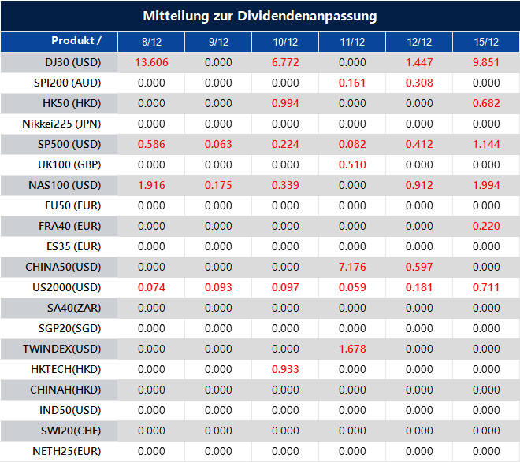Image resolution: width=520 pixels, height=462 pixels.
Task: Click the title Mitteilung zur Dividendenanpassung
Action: point(259,16)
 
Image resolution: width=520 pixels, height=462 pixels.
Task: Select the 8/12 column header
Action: point(151,42)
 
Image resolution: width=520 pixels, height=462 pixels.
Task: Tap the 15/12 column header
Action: point(486,42)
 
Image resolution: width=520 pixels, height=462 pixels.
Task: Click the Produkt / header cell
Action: point(76,41)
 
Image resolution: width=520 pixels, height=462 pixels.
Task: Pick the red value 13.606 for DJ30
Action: point(151,62)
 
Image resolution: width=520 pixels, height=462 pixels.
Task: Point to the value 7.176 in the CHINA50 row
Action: point(352,267)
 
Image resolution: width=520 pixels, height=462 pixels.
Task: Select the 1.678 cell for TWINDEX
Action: point(352,349)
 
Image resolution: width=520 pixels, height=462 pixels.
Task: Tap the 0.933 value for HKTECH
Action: point(285,369)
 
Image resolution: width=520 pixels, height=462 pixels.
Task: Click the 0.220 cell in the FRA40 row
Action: point(486,226)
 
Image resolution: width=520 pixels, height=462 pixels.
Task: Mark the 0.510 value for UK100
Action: point(352,164)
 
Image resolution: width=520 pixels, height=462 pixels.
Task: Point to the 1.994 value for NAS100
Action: point(486,185)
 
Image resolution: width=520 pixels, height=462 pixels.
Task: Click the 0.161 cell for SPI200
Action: point(352,83)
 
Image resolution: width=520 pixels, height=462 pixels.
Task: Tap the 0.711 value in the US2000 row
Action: point(486,287)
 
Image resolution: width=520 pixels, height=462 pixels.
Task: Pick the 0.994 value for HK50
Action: point(285,103)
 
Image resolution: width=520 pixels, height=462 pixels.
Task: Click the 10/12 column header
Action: point(285,42)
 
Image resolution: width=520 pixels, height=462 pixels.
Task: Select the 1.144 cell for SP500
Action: point(486,144)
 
